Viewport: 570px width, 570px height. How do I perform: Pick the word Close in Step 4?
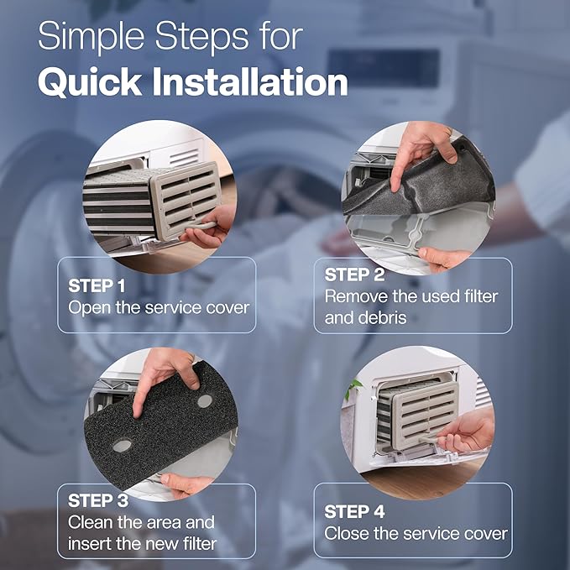[347, 534]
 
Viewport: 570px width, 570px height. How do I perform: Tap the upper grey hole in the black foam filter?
[204, 401]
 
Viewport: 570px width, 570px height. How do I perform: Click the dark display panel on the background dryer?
[382, 67]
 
